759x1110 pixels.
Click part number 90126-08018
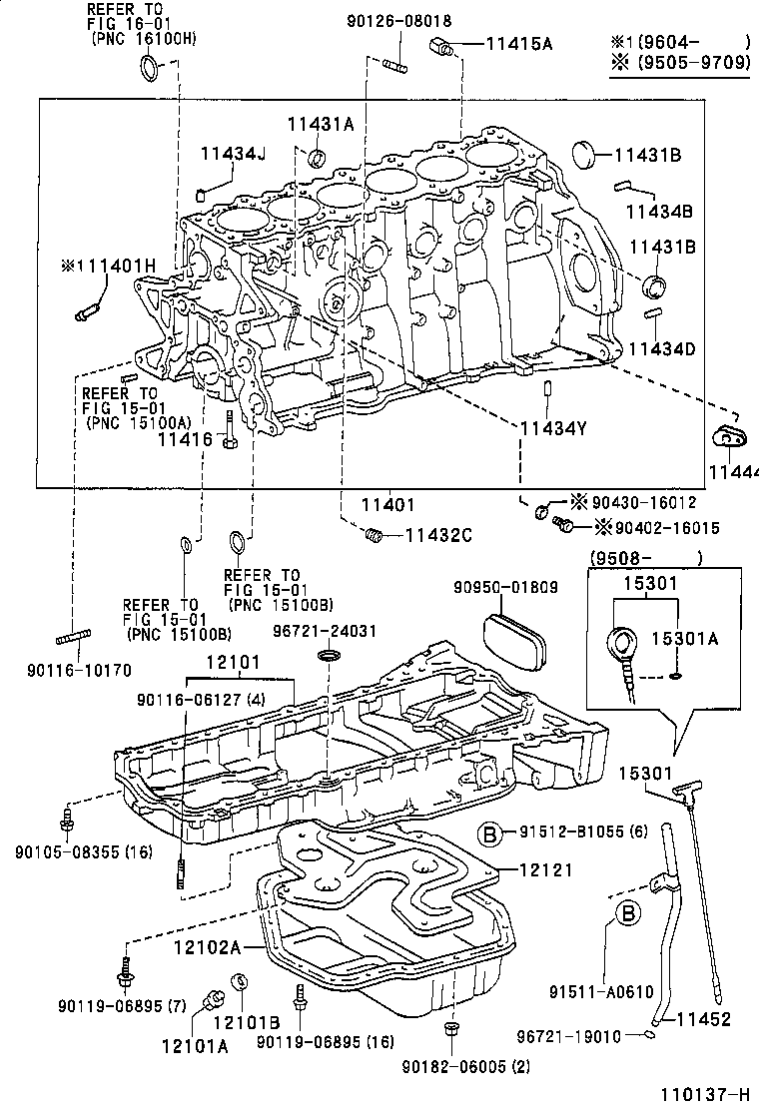[398, 20]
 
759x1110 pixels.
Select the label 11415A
[518, 43]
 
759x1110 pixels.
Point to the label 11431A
[321, 124]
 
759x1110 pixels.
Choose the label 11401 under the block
[386, 506]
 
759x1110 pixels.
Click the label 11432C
[437, 535]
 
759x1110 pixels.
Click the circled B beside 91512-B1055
[490, 833]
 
